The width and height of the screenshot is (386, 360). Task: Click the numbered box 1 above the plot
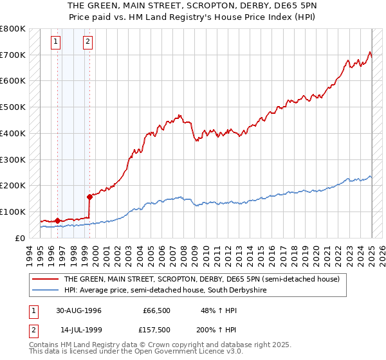pyautogui.click(x=57, y=43)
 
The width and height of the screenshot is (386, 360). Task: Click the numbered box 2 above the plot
pyautogui.click(x=87, y=43)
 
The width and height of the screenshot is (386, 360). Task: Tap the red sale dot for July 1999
pyautogui.click(x=89, y=197)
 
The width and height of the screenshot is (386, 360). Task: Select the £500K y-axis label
pyautogui.click(x=13, y=107)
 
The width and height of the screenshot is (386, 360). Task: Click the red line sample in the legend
pyautogui.click(x=46, y=279)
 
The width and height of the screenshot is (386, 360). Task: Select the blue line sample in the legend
pyautogui.click(x=46, y=291)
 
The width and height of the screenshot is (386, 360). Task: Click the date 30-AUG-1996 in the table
pyautogui.click(x=77, y=310)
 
